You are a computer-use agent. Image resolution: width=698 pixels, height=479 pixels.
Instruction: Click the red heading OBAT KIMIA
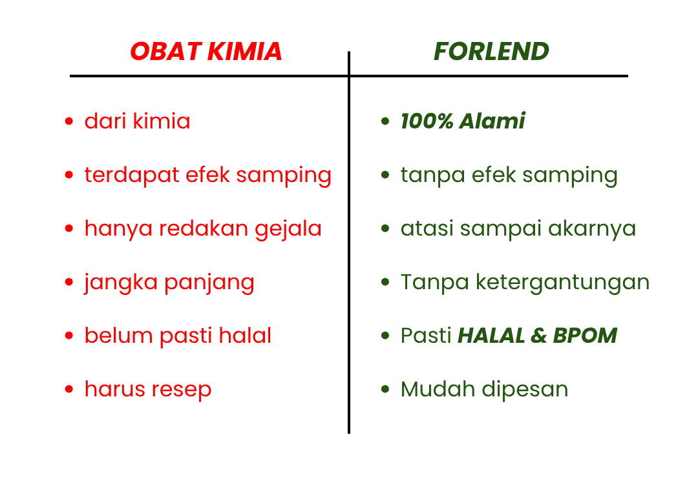point(206,51)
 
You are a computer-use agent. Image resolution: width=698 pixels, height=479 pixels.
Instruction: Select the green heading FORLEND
point(491,51)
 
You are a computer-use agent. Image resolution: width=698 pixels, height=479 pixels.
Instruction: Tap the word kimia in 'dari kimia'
point(162,121)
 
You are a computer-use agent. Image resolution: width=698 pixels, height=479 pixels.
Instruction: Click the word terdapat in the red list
point(132,175)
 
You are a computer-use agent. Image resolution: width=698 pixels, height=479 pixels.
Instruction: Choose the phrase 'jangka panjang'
point(169,283)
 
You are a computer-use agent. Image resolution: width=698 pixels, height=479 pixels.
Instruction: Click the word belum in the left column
point(119,335)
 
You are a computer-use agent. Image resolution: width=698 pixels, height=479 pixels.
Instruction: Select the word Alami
point(492,121)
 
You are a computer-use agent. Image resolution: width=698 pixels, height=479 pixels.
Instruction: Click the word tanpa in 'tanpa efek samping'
point(432,176)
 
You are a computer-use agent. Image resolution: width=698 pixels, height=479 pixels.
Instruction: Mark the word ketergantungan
point(563,283)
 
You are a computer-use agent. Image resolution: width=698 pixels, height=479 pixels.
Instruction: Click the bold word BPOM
point(585,335)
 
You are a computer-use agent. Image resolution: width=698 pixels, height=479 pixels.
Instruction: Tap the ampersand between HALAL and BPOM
point(538,336)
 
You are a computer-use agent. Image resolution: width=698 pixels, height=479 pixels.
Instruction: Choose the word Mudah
point(438,389)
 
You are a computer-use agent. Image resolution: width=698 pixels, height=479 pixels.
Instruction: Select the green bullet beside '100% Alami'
point(385,121)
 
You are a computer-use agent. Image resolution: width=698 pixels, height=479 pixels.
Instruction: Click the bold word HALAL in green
point(491,335)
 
